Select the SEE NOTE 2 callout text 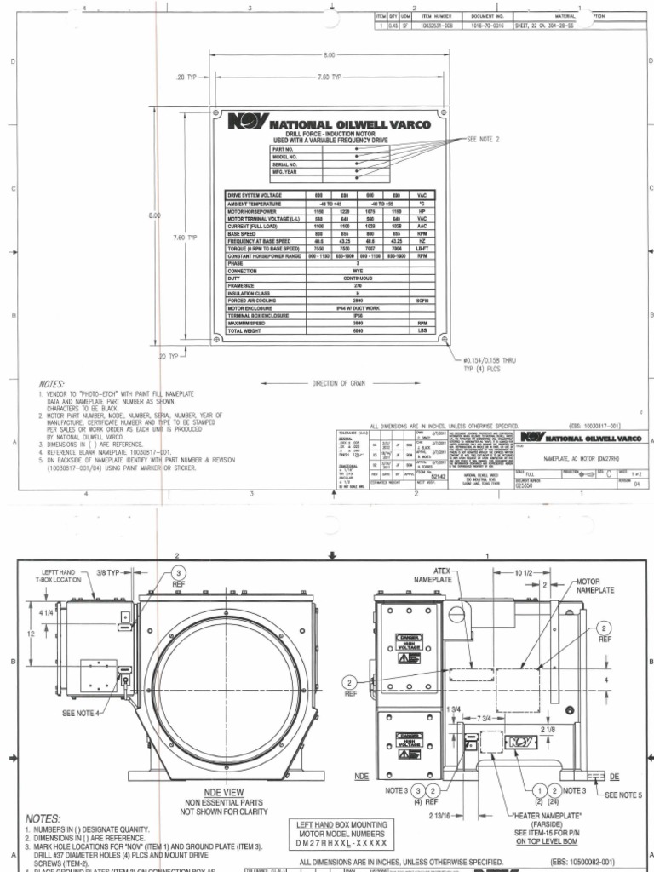[485, 138]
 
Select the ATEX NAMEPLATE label [433, 575]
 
